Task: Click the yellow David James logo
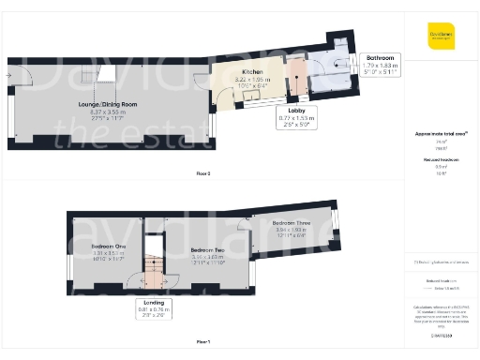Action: (441, 37)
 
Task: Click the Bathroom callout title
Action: (381, 57)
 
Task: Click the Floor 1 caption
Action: (203, 341)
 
